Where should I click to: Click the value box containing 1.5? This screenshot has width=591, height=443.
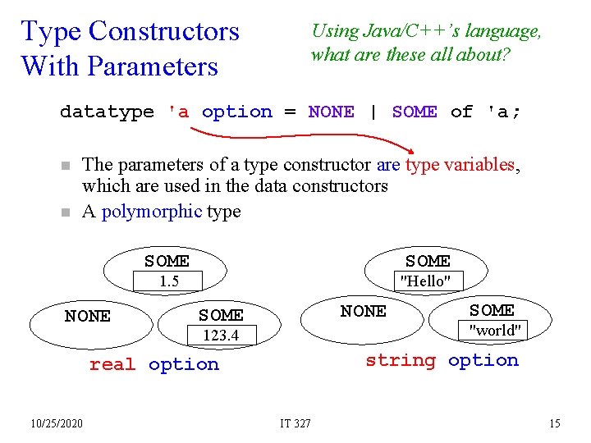tap(169, 281)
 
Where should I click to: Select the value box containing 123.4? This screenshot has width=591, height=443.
tap(222, 335)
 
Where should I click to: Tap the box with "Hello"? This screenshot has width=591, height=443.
tap(424, 281)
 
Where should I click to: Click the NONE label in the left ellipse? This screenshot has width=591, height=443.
tap(88, 316)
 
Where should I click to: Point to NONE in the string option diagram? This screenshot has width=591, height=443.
tap(364, 311)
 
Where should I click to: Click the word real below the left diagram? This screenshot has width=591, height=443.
tap(112, 364)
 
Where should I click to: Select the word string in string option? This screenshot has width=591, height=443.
tap(401, 360)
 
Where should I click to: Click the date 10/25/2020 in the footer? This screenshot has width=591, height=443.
tap(57, 423)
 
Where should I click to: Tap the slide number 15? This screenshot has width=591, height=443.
tap(555, 423)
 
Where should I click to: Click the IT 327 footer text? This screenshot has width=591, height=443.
tap(295, 423)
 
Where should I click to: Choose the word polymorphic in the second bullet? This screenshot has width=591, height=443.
tap(152, 211)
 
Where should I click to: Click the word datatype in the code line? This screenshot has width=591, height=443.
tap(107, 112)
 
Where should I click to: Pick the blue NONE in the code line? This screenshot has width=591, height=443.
tap(332, 112)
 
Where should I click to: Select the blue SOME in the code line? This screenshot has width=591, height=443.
tap(415, 112)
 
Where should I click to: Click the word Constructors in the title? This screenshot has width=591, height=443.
tap(163, 31)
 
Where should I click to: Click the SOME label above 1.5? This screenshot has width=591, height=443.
tap(167, 261)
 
